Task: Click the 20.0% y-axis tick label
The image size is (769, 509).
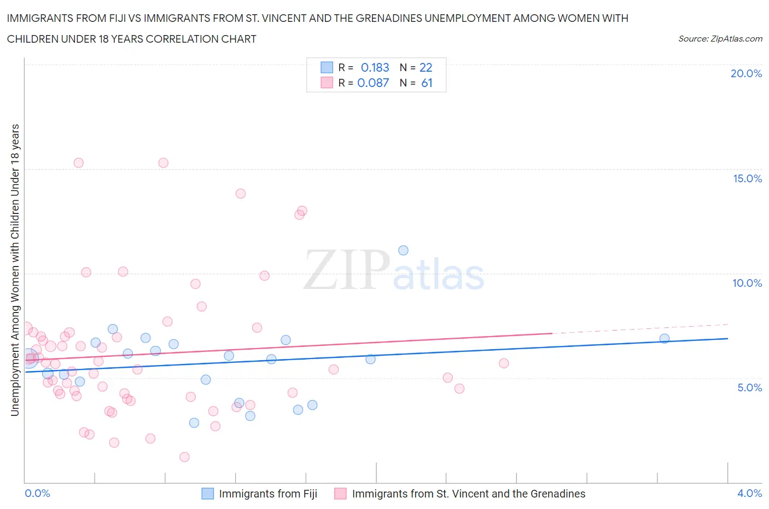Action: pos(746,73)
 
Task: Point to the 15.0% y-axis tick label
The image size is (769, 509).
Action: pos(747,178)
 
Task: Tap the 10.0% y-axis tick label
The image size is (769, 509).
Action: pos(747,283)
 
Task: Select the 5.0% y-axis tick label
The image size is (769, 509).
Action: pos(749,387)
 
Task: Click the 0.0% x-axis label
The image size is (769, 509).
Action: pos(37,493)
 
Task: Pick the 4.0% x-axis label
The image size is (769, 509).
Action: pos(749,493)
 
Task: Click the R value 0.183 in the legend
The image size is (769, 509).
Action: pos(375,67)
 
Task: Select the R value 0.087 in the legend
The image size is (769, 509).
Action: pos(373,83)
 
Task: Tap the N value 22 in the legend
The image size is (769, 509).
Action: pos(426,67)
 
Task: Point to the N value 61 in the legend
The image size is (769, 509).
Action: pos(427,83)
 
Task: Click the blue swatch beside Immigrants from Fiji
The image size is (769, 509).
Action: pos(208,494)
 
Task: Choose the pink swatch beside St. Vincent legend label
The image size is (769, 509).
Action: pos(340,494)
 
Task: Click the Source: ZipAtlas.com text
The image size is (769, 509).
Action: pos(720,39)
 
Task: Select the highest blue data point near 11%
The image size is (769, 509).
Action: pos(403,250)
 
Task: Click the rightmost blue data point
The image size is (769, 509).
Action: pos(665,338)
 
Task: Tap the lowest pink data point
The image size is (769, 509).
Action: pos(184,457)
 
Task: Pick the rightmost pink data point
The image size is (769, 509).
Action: pos(504,363)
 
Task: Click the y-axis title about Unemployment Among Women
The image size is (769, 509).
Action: pos(15,270)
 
